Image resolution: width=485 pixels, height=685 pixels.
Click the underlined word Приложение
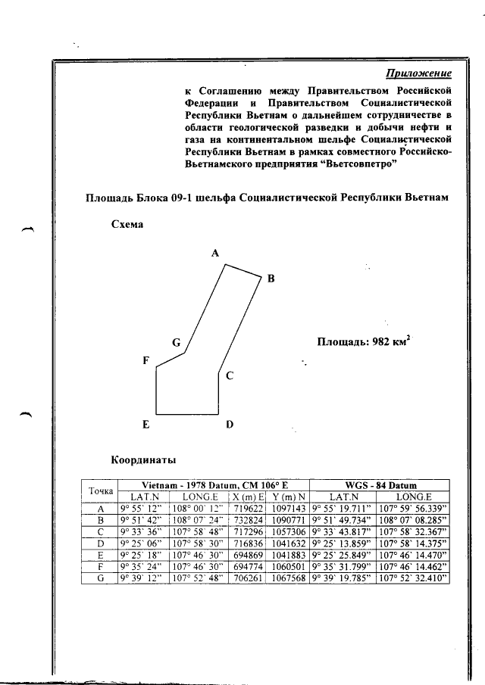pyautogui.click(x=419, y=73)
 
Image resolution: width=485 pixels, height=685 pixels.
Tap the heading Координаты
pyautogui.click(x=144, y=459)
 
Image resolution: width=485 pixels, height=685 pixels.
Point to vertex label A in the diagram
pyautogui.click(x=215, y=254)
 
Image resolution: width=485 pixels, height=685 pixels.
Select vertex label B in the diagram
pyautogui.click(x=271, y=279)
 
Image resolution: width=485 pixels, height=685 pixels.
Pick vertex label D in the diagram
pyautogui.click(x=229, y=425)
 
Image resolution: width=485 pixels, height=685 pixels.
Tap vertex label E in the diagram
pyautogui.click(x=145, y=425)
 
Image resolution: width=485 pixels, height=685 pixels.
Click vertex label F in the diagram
pyautogui.click(x=145, y=361)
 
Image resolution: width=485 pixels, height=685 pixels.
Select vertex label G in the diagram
pyautogui.click(x=175, y=343)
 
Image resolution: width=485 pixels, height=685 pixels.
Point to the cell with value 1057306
pyautogui.click(x=289, y=532)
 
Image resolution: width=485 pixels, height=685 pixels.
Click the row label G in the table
pyautogui.click(x=100, y=578)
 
